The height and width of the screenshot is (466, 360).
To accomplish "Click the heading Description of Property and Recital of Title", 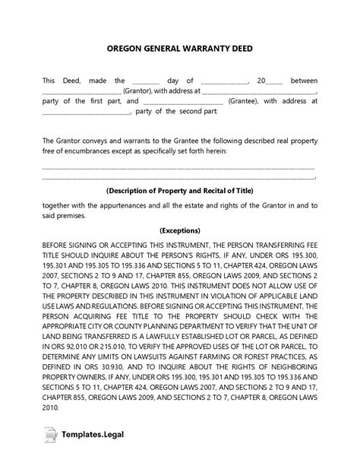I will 180,190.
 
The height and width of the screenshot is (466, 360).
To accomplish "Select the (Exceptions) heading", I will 180,230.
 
